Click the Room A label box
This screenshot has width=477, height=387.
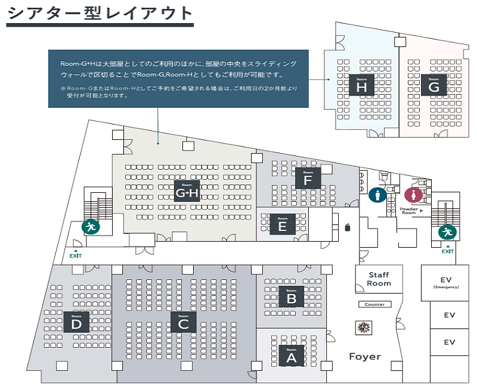(291, 357)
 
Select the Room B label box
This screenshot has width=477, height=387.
(291, 297)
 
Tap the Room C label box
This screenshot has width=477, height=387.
(183, 322)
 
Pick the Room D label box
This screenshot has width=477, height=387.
(76, 322)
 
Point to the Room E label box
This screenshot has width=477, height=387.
(282, 224)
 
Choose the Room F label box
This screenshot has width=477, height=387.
(308, 178)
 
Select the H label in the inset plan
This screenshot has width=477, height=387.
(361, 86)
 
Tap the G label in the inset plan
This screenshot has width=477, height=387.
(433, 86)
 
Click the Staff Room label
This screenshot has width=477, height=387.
(379, 279)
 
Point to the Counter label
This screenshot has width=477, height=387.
(375, 304)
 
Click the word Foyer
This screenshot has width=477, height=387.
(365, 357)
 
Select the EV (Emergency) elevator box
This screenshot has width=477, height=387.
(450, 282)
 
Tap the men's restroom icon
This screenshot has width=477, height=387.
(377, 195)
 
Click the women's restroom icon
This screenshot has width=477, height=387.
(413, 195)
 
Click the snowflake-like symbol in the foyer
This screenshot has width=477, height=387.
(361, 327)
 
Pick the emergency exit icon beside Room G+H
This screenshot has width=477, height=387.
(91, 226)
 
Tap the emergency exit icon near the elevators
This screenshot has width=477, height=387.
(447, 232)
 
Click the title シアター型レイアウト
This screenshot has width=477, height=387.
(100, 13)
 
